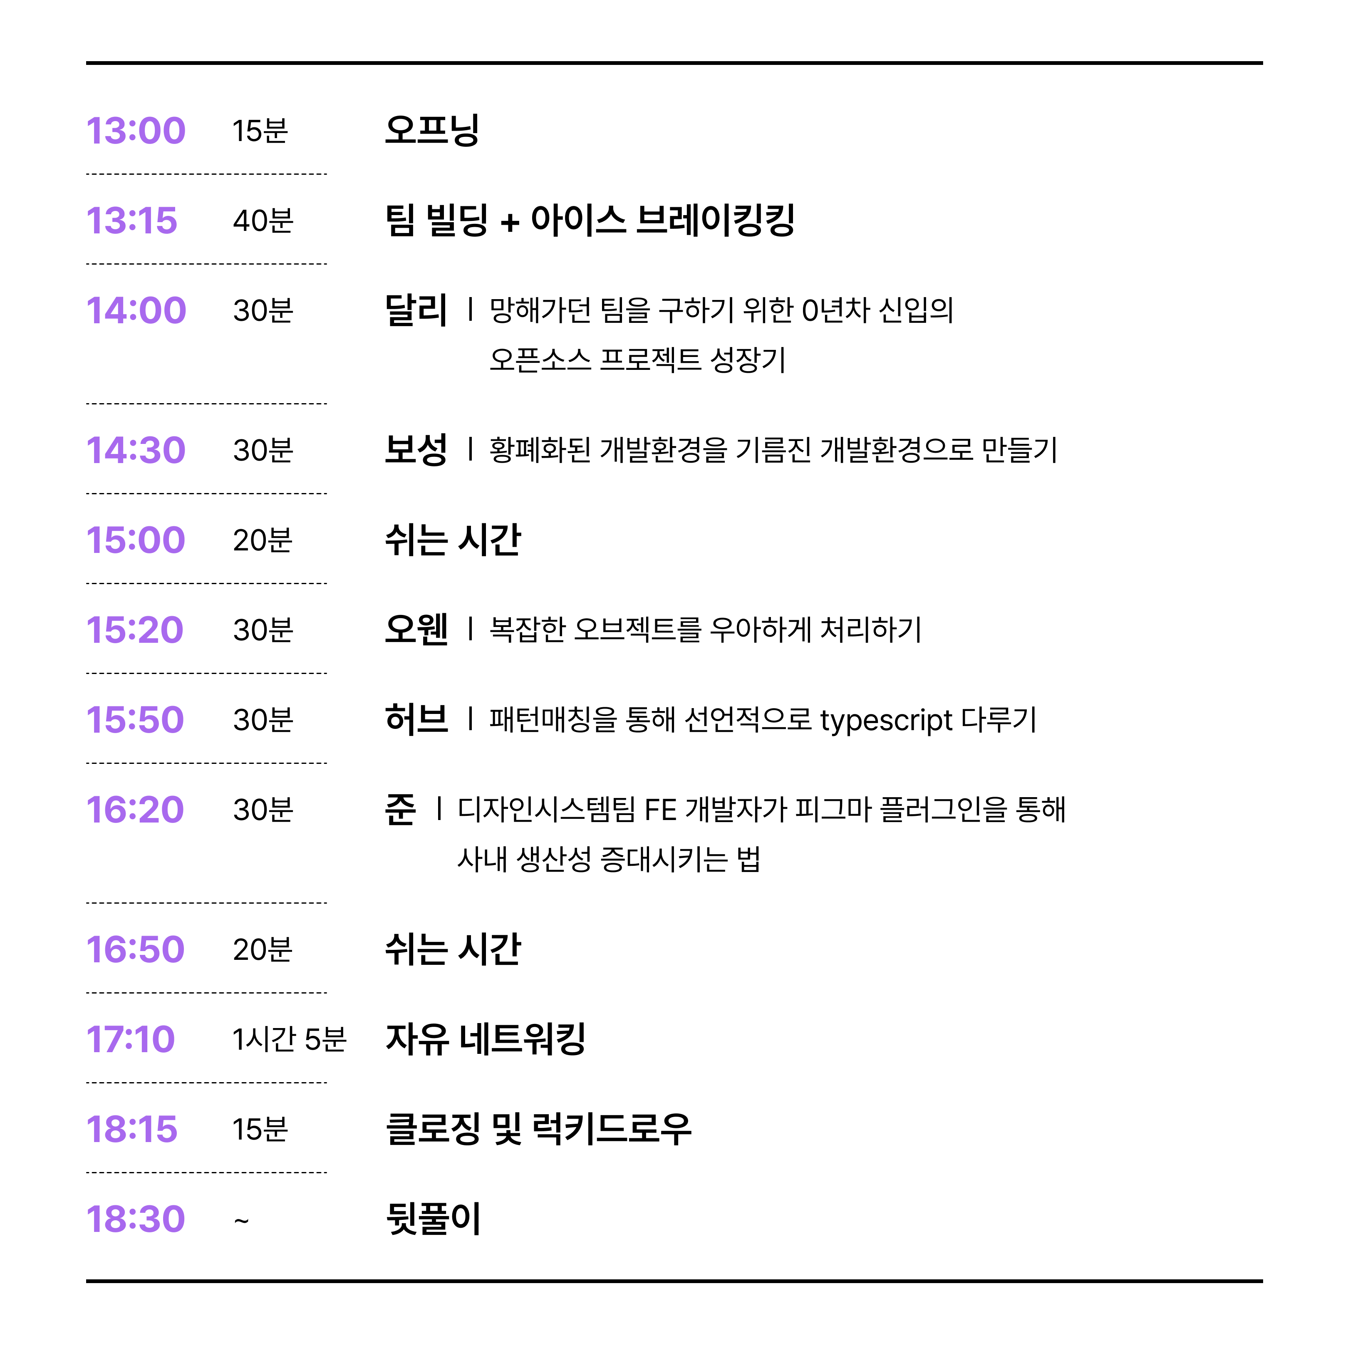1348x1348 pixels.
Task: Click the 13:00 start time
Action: pos(136,131)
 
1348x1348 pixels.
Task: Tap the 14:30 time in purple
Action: pos(136,450)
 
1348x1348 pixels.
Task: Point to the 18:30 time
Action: pos(136,1219)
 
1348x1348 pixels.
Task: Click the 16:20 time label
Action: pos(135,809)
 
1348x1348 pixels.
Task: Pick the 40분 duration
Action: pos(263,221)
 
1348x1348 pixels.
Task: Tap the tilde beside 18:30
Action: pos(241,1220)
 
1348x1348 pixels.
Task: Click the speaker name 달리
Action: pos(416,310)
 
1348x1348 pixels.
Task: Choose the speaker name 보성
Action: pos(416,449)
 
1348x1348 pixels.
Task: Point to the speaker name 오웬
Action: pos(416,629)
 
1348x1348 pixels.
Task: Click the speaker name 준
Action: pos(401,809)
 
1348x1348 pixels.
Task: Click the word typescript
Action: pos(886,721)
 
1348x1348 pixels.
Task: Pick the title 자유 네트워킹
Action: pos(486,1039)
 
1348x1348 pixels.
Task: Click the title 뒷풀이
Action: pos(433,1219)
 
